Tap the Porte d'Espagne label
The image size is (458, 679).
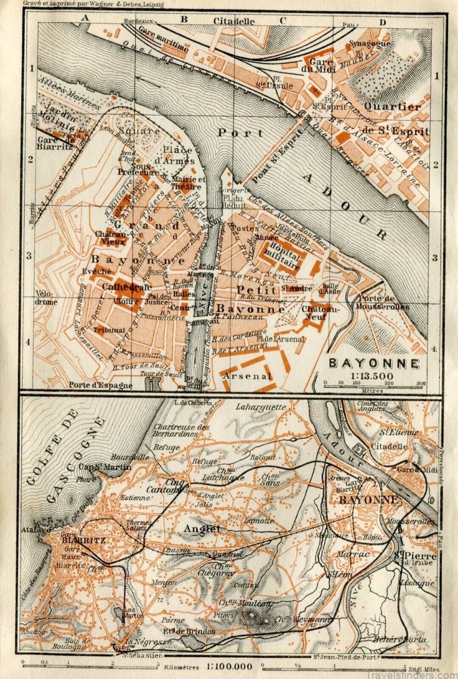point(101,385)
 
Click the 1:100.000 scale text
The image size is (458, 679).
point(229,666)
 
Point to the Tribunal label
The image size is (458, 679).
point(108,330)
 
